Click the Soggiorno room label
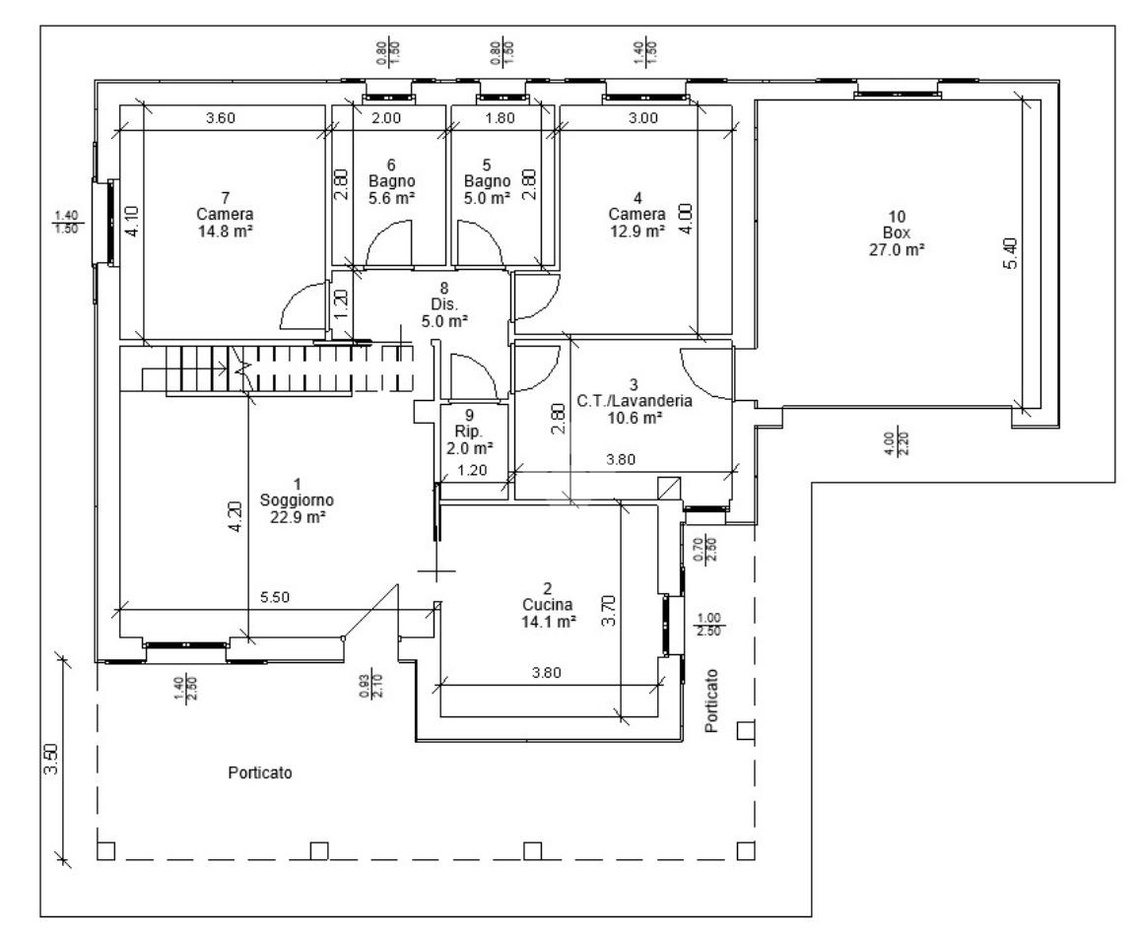[297, 501]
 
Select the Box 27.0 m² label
[897, 233]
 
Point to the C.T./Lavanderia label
[635, 401]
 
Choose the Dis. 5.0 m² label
[444, 304]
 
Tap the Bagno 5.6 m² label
[391, 181]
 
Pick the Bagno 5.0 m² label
[487, 181]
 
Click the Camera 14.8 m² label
[225, 215]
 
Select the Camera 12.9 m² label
[636, 215]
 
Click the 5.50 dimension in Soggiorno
[275, 597]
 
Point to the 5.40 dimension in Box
[1010, 253]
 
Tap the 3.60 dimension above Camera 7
[221, 117]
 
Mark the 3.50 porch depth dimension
[51, 759]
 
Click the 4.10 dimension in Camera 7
[131, 221]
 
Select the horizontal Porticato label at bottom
[260, 772]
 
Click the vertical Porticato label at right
[712, 701]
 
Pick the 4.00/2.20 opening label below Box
[897, 443]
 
